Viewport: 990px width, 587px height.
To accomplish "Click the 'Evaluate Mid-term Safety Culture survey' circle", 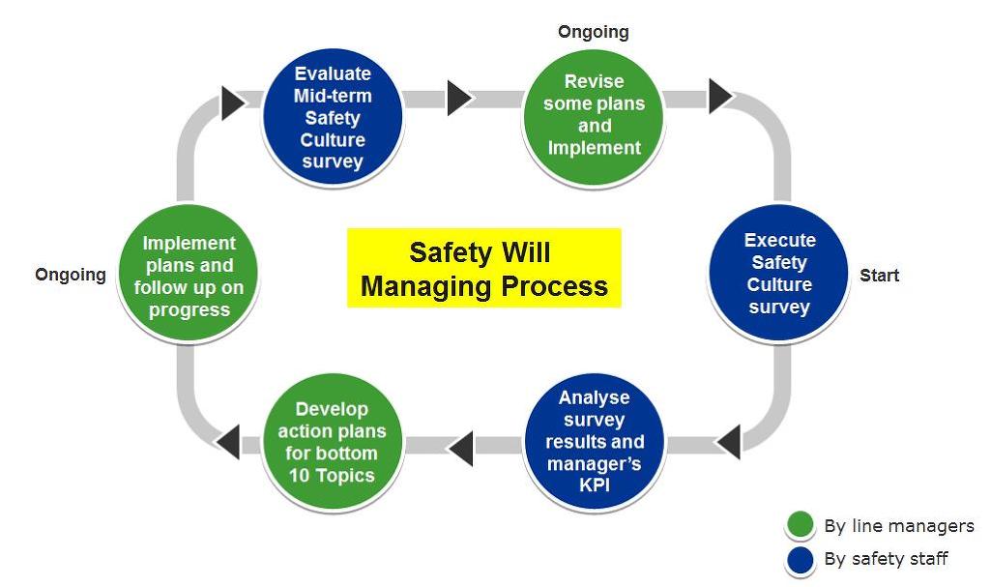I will (332, 117).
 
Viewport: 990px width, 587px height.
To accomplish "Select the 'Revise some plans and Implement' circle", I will (594, 114).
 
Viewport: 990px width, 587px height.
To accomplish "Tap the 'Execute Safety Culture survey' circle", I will (778, 274).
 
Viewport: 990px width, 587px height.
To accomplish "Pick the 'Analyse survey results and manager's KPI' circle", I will (595, 440).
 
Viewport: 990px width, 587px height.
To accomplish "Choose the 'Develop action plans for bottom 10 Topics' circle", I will (332, 442).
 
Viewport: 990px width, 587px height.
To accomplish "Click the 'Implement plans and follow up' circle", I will (189, 276).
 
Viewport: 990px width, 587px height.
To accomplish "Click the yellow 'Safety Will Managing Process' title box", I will (483, 268).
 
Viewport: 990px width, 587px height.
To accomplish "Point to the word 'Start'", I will (879, 276).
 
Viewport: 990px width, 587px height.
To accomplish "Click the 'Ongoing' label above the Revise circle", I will (593, 32).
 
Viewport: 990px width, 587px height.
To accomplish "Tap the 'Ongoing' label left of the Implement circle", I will (71, 275).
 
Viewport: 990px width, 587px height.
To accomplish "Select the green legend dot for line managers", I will (800, 526).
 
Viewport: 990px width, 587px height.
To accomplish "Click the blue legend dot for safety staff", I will (800, 559).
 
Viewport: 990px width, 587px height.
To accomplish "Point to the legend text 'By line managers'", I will (898, 526).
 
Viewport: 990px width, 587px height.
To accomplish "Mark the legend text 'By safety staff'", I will (886, 559).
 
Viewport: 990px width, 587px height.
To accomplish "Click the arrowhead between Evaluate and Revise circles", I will (458, 98).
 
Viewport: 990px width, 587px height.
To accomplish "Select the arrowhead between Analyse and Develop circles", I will (460, 445).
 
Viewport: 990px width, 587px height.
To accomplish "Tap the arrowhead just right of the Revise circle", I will (719, 96).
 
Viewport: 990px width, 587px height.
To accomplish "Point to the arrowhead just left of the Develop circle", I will (228, 442).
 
